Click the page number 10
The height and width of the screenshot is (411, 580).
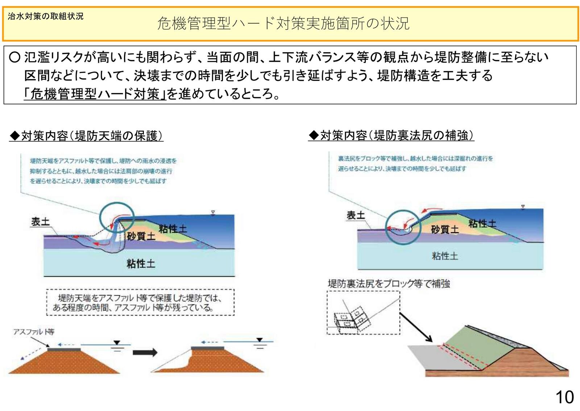[x=564, y=397]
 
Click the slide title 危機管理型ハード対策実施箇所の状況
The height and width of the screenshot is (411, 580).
[x=283, y=24]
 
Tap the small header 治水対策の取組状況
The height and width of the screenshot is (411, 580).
[x=46, y=16]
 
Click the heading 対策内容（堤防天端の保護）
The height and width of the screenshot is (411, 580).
[x=86, y=136]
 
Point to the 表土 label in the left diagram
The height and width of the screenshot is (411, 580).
[x=40, y=221]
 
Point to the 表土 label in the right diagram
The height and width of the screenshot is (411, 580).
[x=356, y=215]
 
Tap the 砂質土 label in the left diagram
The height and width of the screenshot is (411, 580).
[x=141, y=236]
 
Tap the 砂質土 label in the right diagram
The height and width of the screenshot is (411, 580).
[x=445, y=229]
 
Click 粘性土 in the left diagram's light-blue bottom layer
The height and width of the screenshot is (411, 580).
[x=141, y=263]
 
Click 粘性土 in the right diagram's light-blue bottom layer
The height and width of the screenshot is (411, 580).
[x=445, y=256]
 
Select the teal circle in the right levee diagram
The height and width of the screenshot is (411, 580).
[x=402, y=228]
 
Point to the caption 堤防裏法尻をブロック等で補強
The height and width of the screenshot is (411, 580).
[x=389, y=284]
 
